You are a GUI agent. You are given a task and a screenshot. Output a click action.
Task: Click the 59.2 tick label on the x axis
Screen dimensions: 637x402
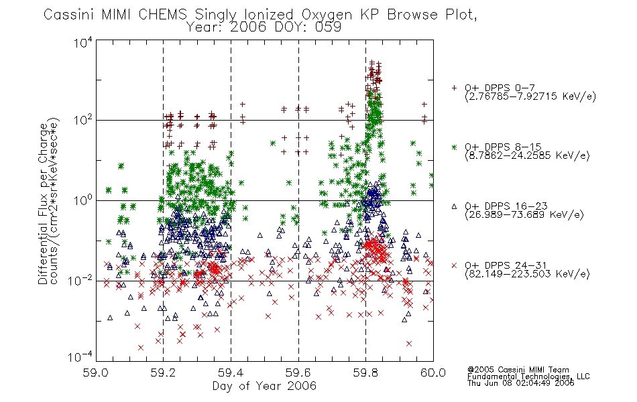click(163, 373)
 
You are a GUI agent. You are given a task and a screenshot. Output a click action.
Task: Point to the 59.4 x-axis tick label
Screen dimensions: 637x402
click(231, 373)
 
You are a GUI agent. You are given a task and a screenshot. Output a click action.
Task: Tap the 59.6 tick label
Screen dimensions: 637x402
click(298, 373)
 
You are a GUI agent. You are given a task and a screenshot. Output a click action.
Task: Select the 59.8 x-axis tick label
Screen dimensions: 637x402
click(365, 373)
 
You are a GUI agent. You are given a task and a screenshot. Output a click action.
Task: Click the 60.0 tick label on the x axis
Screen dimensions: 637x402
click(433, 373)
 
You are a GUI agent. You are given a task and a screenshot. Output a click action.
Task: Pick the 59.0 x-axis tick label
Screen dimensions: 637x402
click(95, 373)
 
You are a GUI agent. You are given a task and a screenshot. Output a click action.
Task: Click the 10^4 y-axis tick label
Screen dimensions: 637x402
click(83, 42)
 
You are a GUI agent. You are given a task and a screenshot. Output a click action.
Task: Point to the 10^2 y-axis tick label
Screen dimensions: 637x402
click(83, 120)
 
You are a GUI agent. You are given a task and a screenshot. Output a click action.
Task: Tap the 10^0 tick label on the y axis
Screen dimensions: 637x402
click(83, 200)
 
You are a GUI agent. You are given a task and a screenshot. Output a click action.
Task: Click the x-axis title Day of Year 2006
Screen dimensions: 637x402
click(264, 386)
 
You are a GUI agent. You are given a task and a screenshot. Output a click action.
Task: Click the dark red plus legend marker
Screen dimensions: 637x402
click(454, 88)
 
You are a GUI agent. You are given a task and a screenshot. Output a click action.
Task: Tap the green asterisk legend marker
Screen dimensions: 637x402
click(454, 147)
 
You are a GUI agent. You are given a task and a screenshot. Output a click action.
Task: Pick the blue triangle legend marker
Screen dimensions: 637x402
click(454, 206)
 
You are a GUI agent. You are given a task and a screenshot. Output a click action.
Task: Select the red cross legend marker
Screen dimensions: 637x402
click(454, 265)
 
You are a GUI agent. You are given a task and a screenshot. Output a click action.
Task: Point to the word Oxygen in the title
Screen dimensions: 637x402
click(327, 15)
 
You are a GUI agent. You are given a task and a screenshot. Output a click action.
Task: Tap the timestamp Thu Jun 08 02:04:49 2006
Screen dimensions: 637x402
click(521, 383)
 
